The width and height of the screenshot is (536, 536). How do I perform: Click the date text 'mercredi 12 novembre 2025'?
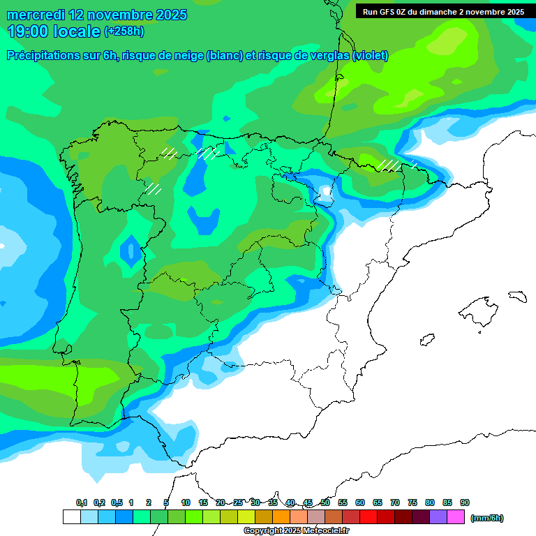click(96, 15)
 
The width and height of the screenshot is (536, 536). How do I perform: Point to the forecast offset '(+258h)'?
click(124, 31)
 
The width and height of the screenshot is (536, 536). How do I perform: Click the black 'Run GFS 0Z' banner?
click(443, 12)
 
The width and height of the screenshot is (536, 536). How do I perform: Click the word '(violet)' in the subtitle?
click(370, 56)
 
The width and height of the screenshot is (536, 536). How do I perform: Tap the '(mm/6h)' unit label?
click(486, 518)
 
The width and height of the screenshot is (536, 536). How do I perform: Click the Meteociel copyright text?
click(296, 531)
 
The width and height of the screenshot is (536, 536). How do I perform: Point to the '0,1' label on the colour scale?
click(81, 503)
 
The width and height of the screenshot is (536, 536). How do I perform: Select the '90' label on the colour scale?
click(465, 503)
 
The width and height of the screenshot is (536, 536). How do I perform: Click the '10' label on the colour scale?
click(186, 503)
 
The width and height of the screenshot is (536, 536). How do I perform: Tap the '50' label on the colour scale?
click(325, 503)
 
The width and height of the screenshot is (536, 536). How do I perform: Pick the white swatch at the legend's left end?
click(71, 517)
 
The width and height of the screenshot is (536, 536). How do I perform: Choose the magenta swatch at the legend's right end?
click(456, 517)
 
